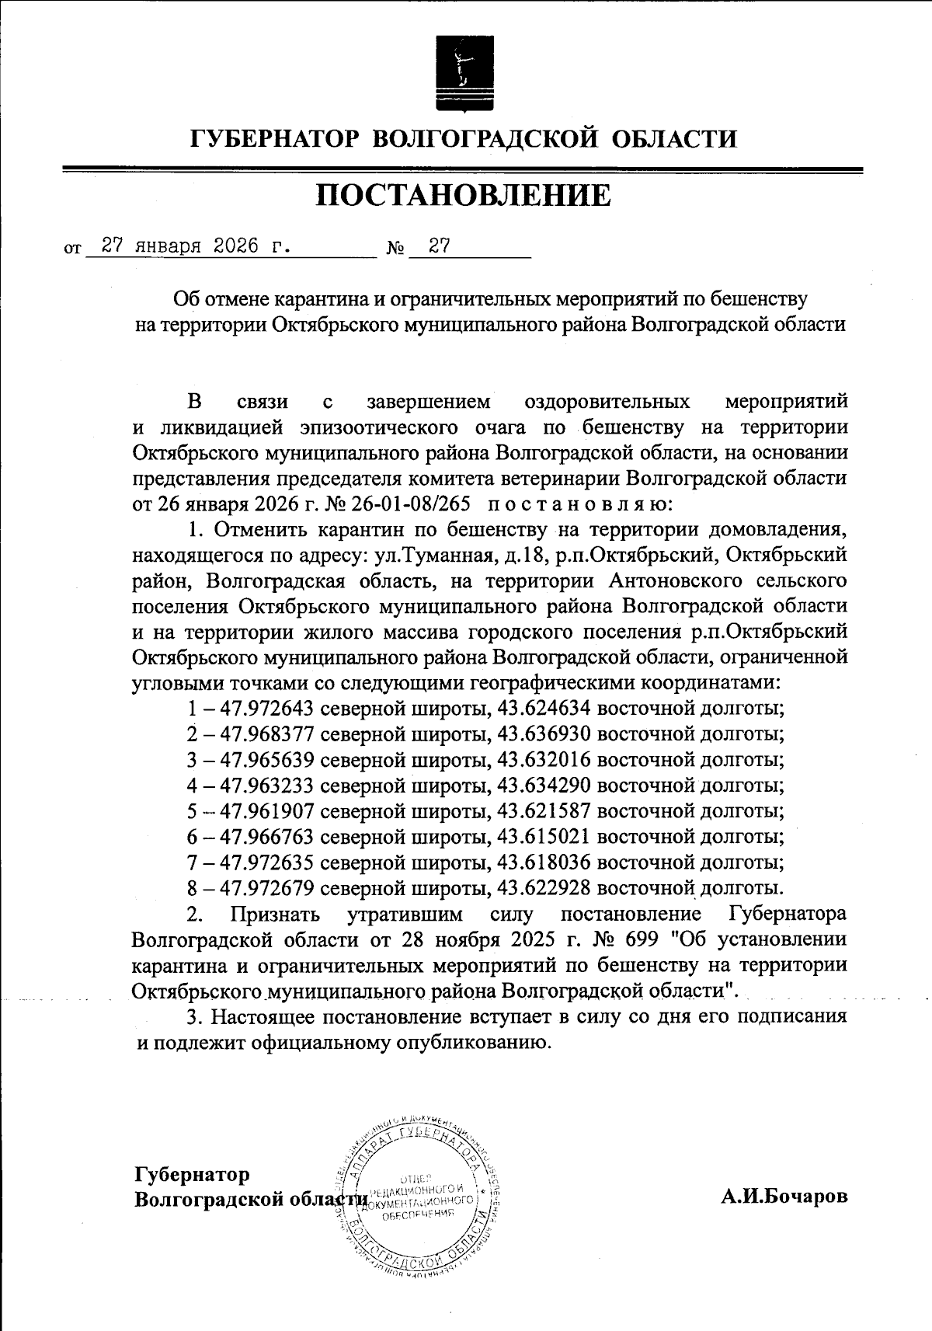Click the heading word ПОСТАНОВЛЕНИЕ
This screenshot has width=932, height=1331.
pos(464,196)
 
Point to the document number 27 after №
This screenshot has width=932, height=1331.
pos(440,246)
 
